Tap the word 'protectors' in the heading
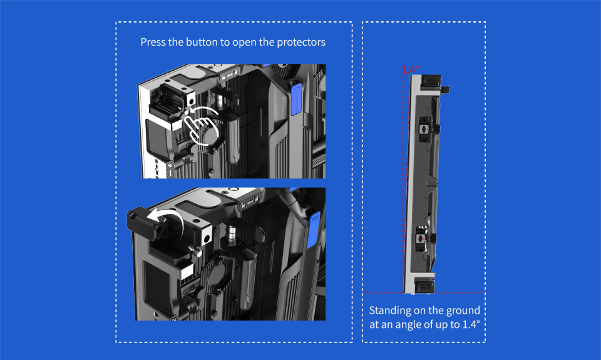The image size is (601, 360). (x=301, y=42)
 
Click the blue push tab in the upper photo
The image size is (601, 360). (x=296, y=99)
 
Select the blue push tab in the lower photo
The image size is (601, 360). (x=314, y=230)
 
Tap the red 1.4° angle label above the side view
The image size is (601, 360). (x=411, y=69)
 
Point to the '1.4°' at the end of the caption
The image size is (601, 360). (x=471, y=324)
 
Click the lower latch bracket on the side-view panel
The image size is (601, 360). (x=424, y=239)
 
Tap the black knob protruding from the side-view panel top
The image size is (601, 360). (x=445, y=90)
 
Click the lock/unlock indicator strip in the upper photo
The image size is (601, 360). (x=230, y=75)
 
